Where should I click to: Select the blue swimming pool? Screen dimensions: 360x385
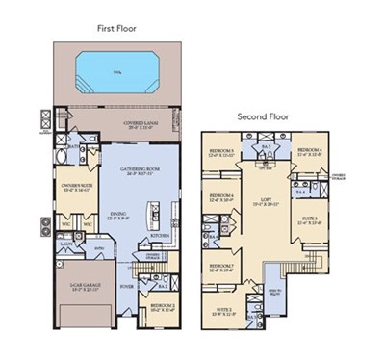pos(117,69)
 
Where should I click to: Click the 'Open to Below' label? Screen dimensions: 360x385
pos(273,294)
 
